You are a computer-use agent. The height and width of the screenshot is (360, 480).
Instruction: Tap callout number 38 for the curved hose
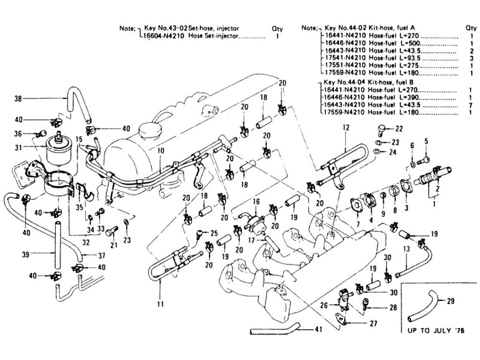tap(18, 98)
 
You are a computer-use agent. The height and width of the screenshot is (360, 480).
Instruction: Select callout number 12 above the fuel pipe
tap(346, 127)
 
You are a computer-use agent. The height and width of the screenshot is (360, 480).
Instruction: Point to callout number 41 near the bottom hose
tap(319, 329)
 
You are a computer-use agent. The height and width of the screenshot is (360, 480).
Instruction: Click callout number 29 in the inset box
tap(451, 301)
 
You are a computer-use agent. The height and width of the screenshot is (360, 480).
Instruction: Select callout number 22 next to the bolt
tap(399, 128)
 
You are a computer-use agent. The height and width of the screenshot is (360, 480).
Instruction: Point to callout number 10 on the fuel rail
tap(160, 151)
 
